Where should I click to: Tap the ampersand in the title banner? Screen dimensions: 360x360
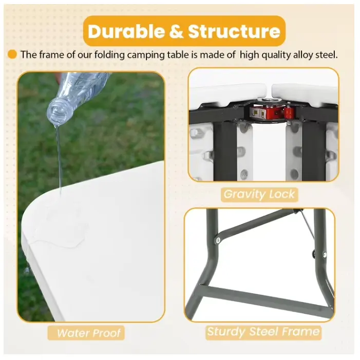point(176,31)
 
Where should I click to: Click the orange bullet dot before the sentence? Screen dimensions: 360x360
point(12,54)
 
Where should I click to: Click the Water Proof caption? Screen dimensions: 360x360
point(89,333)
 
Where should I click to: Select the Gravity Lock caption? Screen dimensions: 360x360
point(259,194)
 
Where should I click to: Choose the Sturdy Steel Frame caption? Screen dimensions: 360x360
point(263,332)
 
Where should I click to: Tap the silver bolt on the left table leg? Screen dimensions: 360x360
point(218,240)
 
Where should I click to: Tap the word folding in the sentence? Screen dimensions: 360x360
point(109,55)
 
